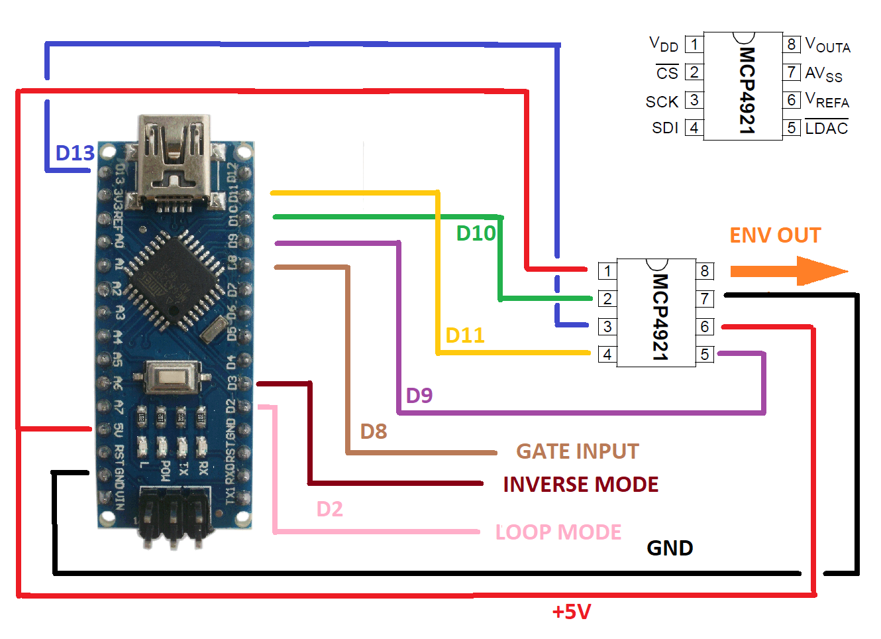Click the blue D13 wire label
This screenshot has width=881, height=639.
tap(75, 153)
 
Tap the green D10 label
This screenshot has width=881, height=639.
tap(476, 233)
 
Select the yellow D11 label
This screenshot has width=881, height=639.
tap(465, 335)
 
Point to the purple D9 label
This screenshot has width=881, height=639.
tap(419, 396)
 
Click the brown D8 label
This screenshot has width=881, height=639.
tap(373, 432)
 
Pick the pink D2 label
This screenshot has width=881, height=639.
tap(329, 509)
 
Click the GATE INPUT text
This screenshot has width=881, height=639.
tap(577, 451)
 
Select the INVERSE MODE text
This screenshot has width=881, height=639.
tap(580, 485)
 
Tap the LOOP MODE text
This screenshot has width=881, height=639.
tap(558, 532)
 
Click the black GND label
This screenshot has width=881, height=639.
tap(670, 548)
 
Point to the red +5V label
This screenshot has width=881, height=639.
tap(572, 611)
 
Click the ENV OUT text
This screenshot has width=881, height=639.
tap(775, 235)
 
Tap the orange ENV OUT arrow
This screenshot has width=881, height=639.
tap(788, 271)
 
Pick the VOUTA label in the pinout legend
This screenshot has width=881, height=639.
tap(827, 46)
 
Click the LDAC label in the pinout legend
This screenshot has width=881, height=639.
tap(827, 129)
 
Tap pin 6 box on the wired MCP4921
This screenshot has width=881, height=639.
tap(705, 327)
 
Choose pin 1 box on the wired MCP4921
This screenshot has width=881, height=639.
tap(607, 271)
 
